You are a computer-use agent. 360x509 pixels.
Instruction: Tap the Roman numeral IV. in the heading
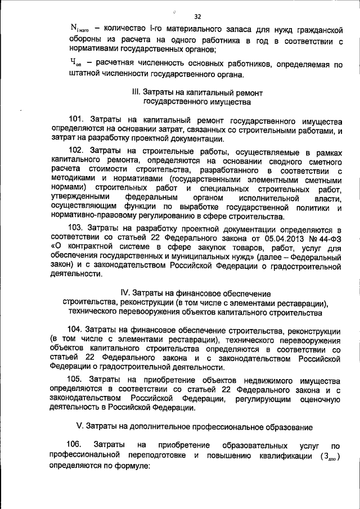coord(126,293)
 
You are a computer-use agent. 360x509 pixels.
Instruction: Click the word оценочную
coord(318,399)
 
